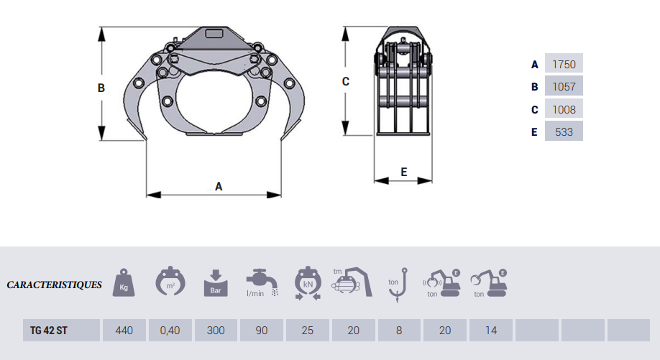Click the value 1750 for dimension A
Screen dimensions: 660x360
click(564, 64)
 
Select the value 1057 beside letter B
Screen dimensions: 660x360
click(564, 87)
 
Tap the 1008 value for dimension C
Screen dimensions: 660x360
click(564, 109)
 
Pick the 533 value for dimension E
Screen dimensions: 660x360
click(564, 131)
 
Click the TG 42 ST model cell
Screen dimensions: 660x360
click(61, 330)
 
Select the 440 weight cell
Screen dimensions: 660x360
click(124, 330)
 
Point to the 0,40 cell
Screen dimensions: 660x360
click(170, 330)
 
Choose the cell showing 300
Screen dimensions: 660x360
click(216, 330)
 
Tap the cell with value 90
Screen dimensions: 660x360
click(262, 330)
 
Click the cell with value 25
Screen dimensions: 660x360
click(307, 330)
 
